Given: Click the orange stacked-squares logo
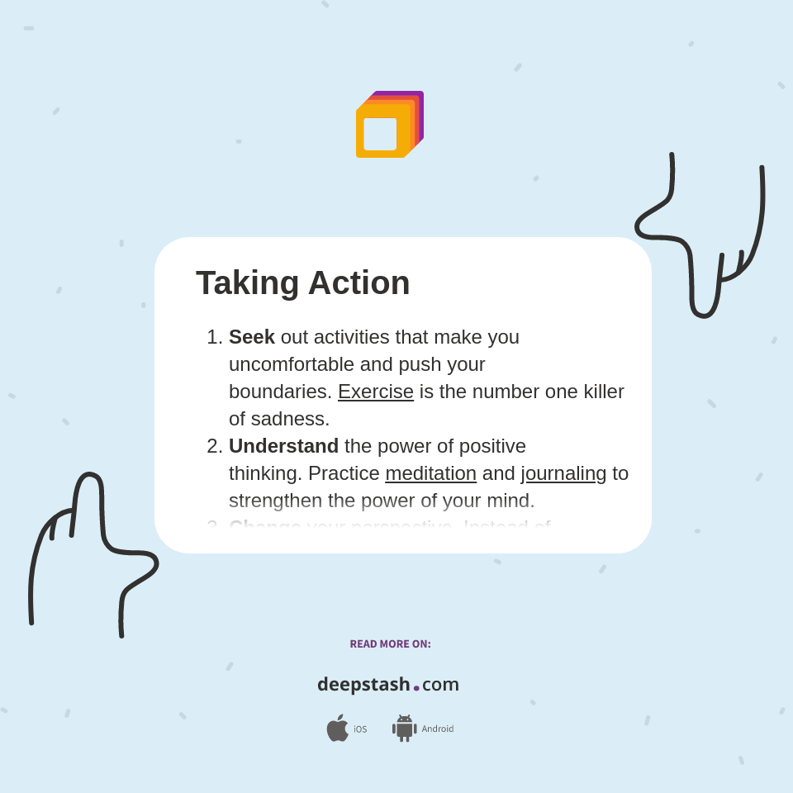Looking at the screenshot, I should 388,126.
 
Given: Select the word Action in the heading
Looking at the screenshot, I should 359,283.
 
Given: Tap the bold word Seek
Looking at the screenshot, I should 251,337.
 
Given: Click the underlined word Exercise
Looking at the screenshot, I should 375,392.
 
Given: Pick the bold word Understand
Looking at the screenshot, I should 283,446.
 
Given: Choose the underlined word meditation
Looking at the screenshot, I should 430,473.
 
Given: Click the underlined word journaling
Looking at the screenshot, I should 563,473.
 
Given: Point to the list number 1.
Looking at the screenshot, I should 213,337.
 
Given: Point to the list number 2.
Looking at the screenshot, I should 213,446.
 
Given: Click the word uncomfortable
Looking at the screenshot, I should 291,364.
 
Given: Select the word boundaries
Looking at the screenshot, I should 279,392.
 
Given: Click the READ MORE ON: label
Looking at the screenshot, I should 390,644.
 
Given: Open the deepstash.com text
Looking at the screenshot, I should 388,685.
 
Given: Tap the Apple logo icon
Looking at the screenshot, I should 337,729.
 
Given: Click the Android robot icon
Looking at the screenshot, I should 404,729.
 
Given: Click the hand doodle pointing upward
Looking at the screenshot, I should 91,545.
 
